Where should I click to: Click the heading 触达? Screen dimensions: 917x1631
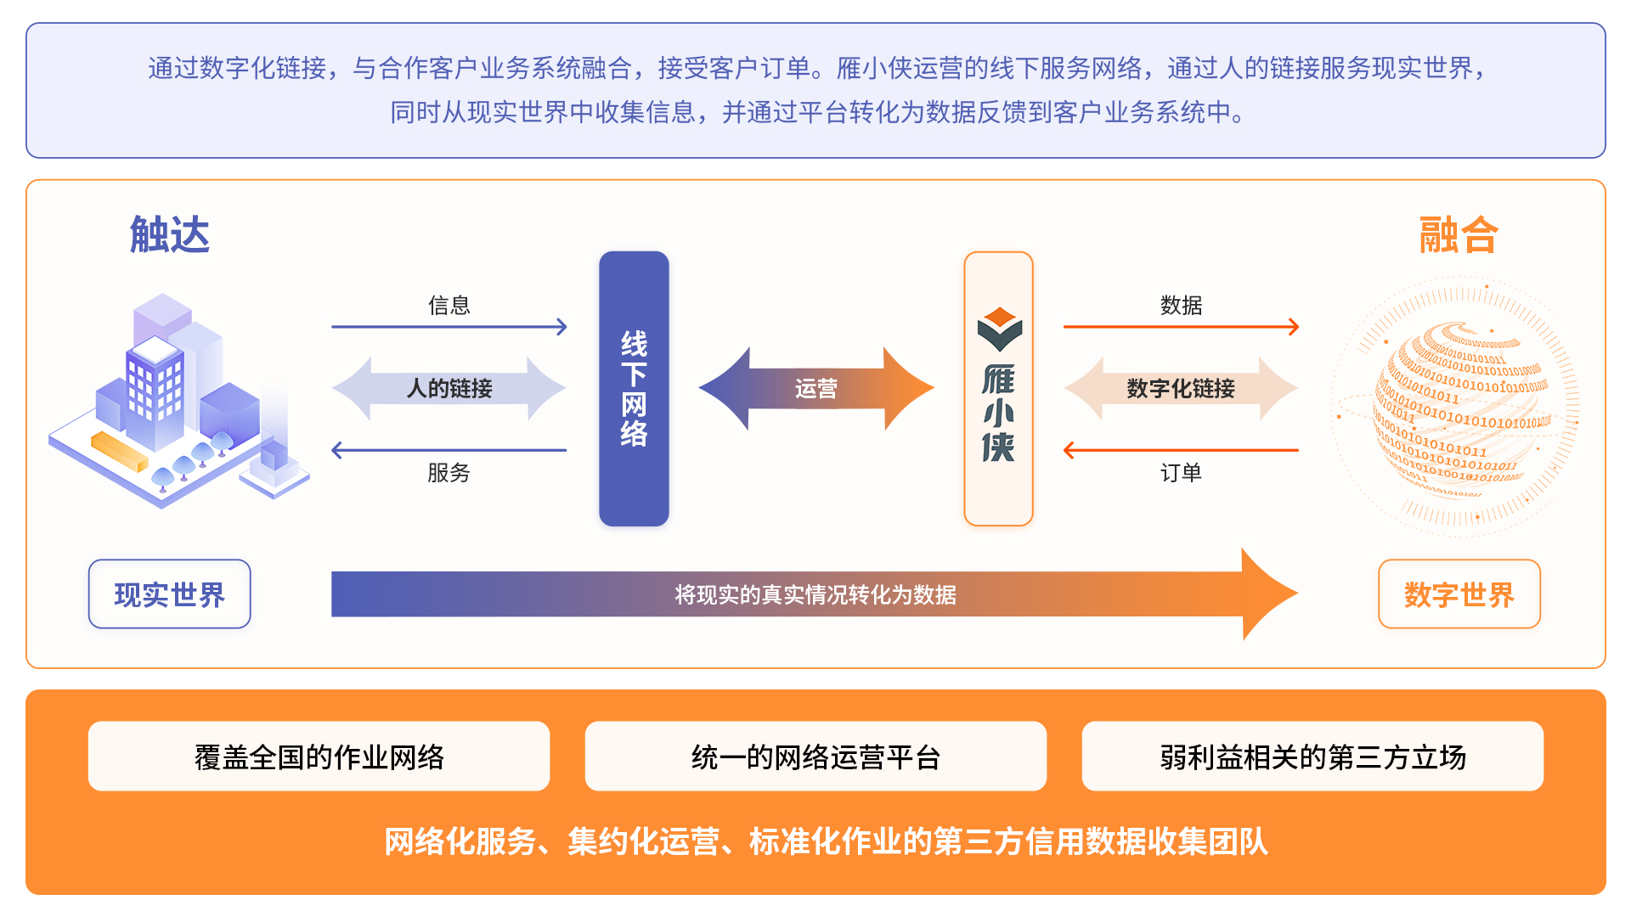click(x=169, y=235)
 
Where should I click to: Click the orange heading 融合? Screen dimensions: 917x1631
click(x=1459, y=235)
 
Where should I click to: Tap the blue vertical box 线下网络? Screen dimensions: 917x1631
click(x=634, y=389)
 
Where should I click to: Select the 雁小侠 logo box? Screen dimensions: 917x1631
click(x=998, y=389)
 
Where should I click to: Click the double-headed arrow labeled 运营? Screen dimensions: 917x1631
click(x=815, y=389)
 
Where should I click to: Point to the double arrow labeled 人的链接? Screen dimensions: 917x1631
click(x=449, y=389)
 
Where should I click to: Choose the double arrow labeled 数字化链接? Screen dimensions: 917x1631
click(x=1181, y=389)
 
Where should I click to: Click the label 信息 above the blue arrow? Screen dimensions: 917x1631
click(x=449, y=306)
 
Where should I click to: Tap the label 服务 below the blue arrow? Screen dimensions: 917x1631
click(x=449, y=473)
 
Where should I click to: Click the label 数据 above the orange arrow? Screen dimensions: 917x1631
click(x=1181, y=306)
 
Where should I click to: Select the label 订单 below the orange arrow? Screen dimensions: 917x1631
click(x=1181, y=473)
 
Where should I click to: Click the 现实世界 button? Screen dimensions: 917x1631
click(x=169, y=594)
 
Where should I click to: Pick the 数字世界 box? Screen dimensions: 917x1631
click(x=1459, y=594)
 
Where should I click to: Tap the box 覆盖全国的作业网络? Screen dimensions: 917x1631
click(x=319, y=757)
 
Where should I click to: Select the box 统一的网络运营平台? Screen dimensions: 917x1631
click(x=815, y=757)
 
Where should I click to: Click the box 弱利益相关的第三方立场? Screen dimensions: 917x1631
click(x=1312, y=757)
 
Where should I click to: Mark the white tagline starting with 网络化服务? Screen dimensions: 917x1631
click(x=825, y=842)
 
